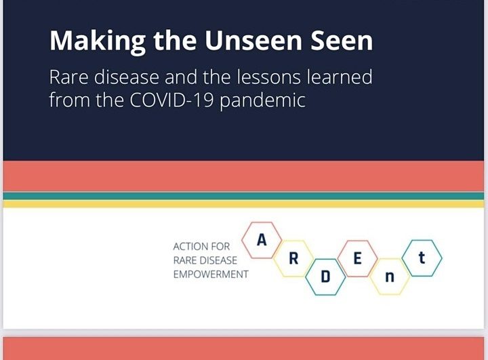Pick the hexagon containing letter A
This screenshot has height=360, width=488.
[x=261, y=240]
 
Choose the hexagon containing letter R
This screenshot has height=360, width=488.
[x=293, y=258]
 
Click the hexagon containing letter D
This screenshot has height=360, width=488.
[x=325, y=278]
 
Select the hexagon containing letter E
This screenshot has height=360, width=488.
[x=357, y=258]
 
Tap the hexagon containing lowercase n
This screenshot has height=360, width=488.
[x=389, y=277]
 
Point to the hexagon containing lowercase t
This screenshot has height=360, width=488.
[x=422, y=258]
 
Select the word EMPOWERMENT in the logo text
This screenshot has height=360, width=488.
[x=211, y=275]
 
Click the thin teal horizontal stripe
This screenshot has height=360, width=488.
[x=244, y=196]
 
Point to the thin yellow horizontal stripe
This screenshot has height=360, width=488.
[x=244, y=203]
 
